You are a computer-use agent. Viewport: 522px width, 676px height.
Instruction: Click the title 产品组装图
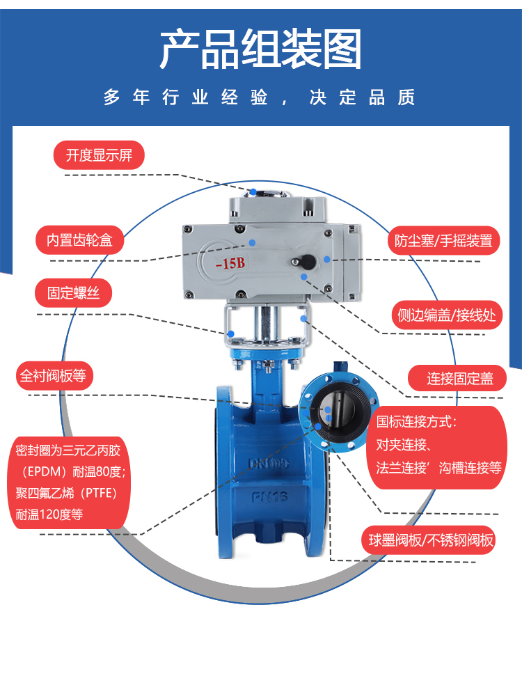(260, 49)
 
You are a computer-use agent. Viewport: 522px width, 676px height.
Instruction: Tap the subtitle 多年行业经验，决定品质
(260, 97)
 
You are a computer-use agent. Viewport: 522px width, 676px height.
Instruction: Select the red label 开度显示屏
(99, 155)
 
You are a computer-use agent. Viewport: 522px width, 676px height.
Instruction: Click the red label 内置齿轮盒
(79, 239)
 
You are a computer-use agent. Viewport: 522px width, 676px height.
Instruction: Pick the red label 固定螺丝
(73, 293)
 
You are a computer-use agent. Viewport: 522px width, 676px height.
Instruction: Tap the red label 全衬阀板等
(54, 375)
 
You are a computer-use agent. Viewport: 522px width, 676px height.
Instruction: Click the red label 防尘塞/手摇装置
(443, 240)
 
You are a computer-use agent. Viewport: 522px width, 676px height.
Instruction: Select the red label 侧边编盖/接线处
(447, 315)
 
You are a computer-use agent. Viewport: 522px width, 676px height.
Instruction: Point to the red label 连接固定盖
(457, 379)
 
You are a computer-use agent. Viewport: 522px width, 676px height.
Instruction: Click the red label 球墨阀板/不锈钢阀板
(429, 540)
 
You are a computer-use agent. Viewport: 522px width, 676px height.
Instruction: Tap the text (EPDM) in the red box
(42, 471)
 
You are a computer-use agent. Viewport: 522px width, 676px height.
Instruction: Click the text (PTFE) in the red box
(96, 492)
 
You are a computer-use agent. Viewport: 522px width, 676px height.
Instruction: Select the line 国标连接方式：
(416, 421)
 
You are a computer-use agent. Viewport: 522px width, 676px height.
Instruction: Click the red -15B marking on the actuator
(230, 262)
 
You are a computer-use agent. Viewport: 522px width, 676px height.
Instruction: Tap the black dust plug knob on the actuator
(308, 261)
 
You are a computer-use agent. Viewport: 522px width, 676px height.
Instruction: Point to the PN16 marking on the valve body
(269, 498)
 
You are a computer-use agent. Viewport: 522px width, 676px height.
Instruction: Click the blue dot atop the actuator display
(253, 192)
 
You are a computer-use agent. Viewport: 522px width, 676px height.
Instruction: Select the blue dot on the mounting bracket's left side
(231, 333)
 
